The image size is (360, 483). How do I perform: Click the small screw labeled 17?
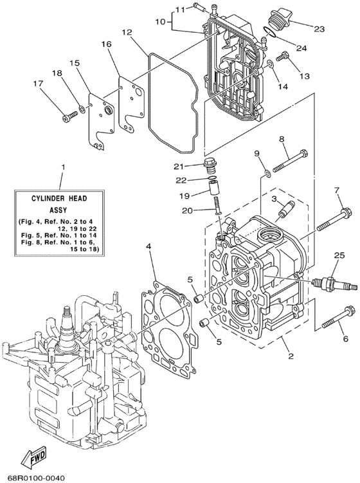[x=69, y=115]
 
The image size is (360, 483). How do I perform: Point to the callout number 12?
[x=127, y=32]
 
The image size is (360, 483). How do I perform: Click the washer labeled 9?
[x=265, y=174]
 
